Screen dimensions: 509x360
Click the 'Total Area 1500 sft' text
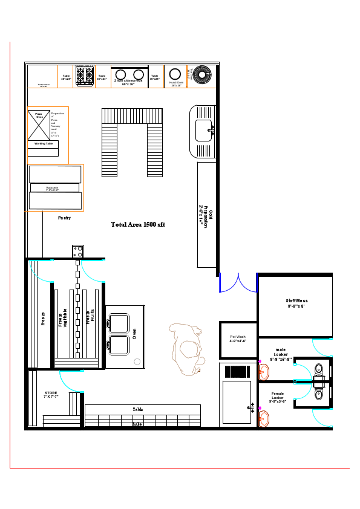138,224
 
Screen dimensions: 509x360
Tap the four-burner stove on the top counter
84,74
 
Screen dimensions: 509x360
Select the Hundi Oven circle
176,74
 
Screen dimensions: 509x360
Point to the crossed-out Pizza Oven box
38,125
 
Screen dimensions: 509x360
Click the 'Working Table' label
44,144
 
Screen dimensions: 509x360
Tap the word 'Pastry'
65,218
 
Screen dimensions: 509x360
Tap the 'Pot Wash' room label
238,339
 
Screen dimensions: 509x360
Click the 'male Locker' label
281,354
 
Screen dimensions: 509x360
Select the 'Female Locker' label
278,397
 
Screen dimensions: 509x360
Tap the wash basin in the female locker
263,418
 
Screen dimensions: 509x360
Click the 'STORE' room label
51,395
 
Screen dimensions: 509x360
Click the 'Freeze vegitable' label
62,317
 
